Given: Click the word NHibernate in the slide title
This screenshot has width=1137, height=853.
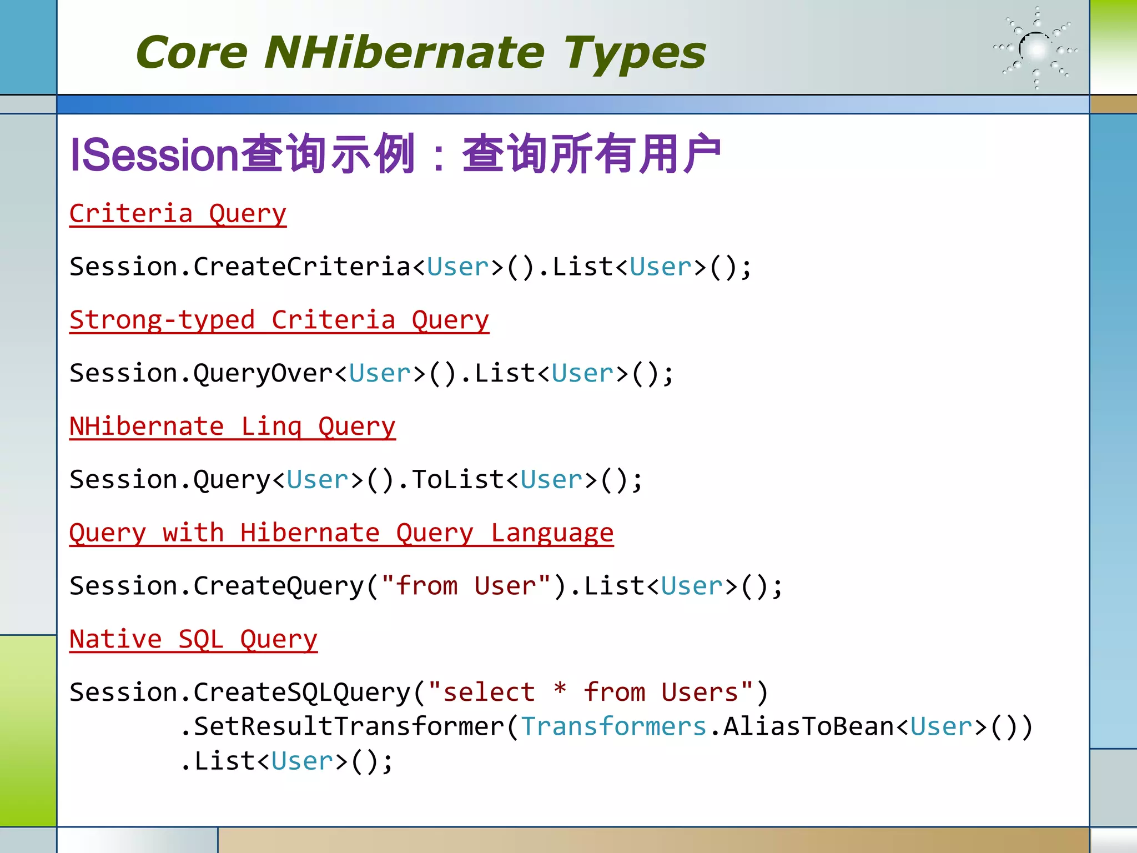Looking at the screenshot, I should coord(404,53).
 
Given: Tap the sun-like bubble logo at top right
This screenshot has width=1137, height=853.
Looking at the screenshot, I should coord(1036,49).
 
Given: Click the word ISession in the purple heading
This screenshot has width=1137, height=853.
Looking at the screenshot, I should coord(154,155).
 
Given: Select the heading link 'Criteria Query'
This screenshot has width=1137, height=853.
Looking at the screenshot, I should coord(178,214).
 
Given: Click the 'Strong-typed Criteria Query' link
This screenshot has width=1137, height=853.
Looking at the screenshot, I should coord(279,320).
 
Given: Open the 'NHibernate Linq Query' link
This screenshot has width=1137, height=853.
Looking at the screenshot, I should coord(232,427).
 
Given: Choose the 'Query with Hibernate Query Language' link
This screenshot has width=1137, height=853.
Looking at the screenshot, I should coord(341,533).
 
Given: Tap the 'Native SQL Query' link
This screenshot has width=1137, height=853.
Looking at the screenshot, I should coord(193,640).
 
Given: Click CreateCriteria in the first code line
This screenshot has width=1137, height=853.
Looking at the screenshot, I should coord(301,267).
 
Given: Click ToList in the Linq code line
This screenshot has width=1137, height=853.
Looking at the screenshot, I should coord(457,480).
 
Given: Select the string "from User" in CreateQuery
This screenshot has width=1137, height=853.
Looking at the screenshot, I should coord(466,586).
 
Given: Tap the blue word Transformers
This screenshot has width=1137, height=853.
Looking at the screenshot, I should coord(613,727).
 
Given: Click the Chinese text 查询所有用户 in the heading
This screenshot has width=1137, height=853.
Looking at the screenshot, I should coord(591,154).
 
